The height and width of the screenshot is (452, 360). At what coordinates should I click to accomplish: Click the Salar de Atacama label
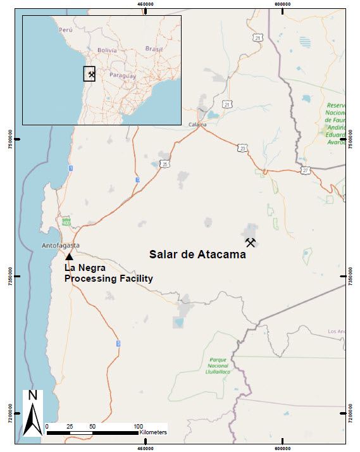[197, 255]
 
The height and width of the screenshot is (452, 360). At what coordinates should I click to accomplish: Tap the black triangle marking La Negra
[69, 256]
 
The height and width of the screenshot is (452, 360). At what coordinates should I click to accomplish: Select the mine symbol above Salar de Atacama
[251, 242]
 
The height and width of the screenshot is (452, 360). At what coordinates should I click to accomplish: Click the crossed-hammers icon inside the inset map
[91, 75]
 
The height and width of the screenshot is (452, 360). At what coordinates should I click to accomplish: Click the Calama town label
[198, 125]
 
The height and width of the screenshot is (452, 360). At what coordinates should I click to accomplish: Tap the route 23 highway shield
[243, 148]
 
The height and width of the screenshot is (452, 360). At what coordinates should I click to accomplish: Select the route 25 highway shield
[164, 164]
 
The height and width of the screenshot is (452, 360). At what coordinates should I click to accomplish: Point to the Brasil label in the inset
[154, 49]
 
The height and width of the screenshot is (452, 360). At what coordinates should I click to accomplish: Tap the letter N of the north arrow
[33, 396]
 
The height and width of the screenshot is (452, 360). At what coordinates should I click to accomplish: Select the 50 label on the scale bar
[92, 427]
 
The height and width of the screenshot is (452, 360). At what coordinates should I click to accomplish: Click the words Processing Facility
[109, 278]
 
